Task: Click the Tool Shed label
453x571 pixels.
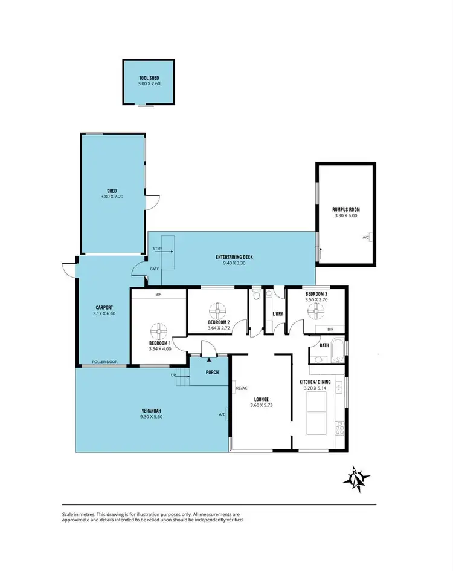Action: (149, 78)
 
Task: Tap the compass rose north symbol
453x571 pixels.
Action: (356, 478)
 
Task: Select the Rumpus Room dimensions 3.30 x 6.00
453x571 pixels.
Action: (345, 215)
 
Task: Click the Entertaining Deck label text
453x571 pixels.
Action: (234, 257)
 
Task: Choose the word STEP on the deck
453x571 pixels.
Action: (157, 249)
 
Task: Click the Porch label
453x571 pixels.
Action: (211, 372)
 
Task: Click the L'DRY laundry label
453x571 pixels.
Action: (278, 314)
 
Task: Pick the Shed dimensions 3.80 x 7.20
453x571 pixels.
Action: (112, 197)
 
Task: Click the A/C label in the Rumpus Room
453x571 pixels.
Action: (365, 238)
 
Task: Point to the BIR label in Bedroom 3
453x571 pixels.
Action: (330, 329)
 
